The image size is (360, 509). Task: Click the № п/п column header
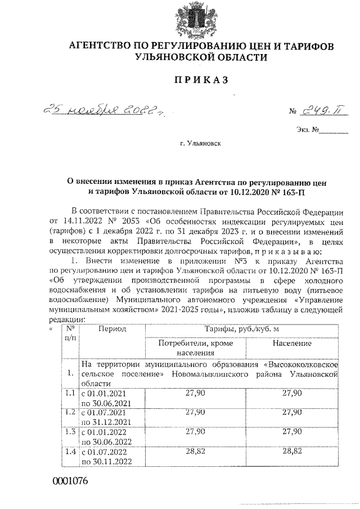(70, 333)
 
